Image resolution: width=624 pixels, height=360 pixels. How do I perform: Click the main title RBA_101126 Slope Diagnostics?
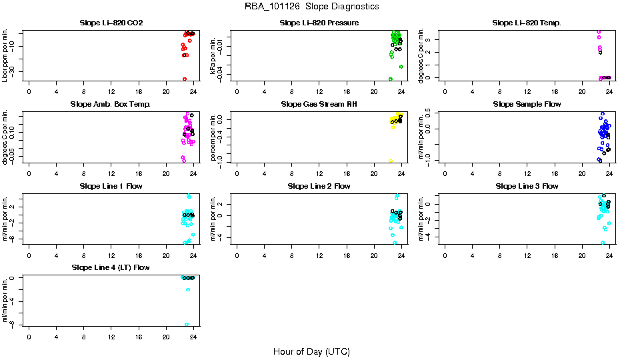coord(312,7)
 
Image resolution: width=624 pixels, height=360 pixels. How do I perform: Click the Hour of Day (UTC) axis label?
coord(311,351)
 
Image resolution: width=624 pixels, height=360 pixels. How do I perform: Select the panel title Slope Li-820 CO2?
coord(111,23)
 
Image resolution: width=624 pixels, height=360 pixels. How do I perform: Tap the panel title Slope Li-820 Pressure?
coord(319,23)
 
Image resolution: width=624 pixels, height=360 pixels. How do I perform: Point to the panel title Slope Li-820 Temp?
coord(527,23)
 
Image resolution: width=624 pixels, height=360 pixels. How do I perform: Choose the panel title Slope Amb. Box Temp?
coord(111,105)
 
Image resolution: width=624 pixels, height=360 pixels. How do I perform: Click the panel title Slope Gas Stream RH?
coord(319,105)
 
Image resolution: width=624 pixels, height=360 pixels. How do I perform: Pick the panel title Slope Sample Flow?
coord(527,105)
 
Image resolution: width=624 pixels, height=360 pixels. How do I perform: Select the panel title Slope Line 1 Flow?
coord(111,186)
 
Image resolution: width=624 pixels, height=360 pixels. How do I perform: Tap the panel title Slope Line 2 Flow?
coord(319,186)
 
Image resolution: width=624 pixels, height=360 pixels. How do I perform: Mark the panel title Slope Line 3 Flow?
coord(527,186)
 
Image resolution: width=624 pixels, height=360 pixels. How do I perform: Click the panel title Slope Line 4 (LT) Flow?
coord(111,267)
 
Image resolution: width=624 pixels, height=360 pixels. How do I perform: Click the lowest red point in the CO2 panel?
coord(184,79)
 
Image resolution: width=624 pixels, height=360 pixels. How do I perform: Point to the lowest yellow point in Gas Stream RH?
coord(391,161)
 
